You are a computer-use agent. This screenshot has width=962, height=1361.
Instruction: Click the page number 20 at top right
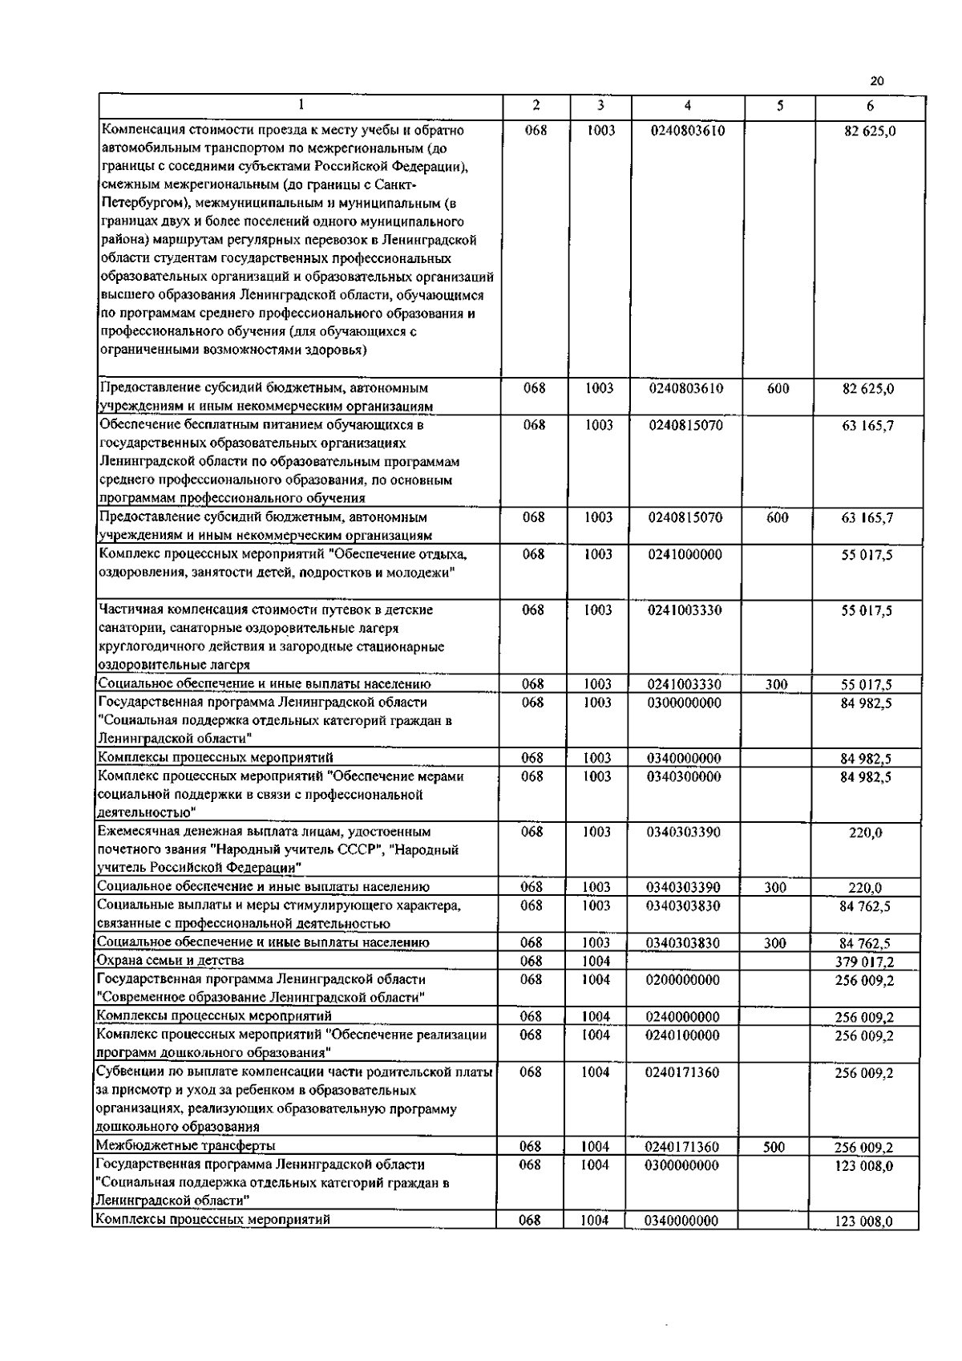pyautogui.click(x=876, y=81)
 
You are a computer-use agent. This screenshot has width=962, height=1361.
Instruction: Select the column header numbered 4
pyautogui.click(x=688, y=106)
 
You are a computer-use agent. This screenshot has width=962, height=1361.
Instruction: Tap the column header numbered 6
pyautogui.click(x=870, y=106)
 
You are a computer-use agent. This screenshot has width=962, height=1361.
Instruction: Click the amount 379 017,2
pyautogui.click(x=864, y=962)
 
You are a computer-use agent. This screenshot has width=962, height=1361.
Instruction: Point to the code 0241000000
pyautogui.click(x=685, y=554)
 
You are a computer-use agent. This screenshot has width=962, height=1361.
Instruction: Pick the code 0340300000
pyautogui.click(x=684, y=776)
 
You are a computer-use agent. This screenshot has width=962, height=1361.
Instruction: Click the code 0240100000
pyautogui.click(x=682, y=1035)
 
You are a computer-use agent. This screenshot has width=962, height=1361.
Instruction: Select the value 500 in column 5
pyautogui.click(x=774, y=1147)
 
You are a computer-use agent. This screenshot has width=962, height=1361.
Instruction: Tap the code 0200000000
pyautogui.click(x=682, y=979)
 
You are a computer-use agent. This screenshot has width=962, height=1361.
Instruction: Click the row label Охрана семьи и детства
pyautogui.click(x=170, y=960)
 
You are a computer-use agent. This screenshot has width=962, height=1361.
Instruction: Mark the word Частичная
pyautogui.click(x=130, y=610)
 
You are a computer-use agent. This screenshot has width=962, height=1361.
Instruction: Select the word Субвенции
pyautogui.click(x=128, y=1071)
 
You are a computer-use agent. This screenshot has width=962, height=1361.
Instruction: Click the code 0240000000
pyautogui.click(x=682, y=1017)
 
